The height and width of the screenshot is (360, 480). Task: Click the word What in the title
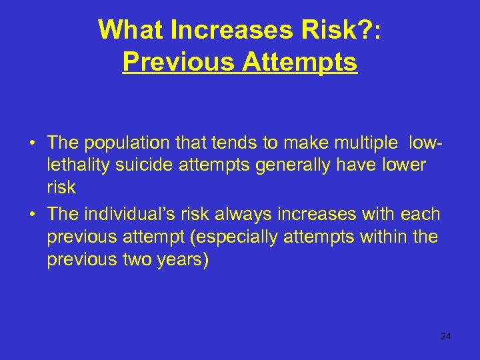pyautogui.click(x=129, y=29)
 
